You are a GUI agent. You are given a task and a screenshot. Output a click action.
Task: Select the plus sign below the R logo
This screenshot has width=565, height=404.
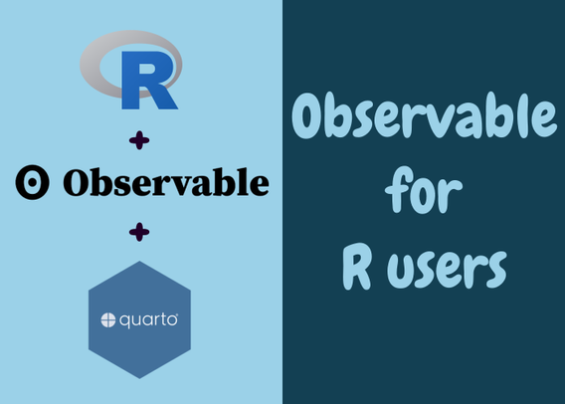tap(139, 140)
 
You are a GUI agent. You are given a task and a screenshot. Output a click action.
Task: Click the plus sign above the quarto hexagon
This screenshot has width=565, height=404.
tap(139, 232)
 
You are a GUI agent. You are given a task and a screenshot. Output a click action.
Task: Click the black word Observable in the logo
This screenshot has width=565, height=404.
tap(166, 182)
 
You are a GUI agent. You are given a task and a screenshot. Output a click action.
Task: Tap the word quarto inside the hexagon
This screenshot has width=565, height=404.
tap(148, 320)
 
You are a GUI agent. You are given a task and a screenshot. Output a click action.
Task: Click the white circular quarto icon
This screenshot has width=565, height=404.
tap(108, 320)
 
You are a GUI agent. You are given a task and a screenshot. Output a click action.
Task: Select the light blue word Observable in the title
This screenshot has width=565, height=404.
tap(424, 115)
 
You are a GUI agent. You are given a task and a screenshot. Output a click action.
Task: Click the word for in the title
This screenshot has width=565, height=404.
tap(424, 190)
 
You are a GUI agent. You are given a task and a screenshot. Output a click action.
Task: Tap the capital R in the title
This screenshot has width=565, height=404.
tap(357, 266)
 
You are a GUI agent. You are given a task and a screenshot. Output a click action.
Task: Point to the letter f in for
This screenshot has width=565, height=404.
tap(398, 189)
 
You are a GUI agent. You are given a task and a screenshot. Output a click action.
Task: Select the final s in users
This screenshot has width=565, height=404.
tap(494, 270)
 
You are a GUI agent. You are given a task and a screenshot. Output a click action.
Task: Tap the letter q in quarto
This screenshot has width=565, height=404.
tap(124, 321)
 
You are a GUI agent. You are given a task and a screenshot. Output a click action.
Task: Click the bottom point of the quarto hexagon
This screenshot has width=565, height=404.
tap(140, 378)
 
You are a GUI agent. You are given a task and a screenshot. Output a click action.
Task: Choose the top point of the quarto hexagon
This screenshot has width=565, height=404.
tap(140, 262)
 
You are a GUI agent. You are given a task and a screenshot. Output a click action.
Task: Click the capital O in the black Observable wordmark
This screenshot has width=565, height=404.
tap(77, 183)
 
